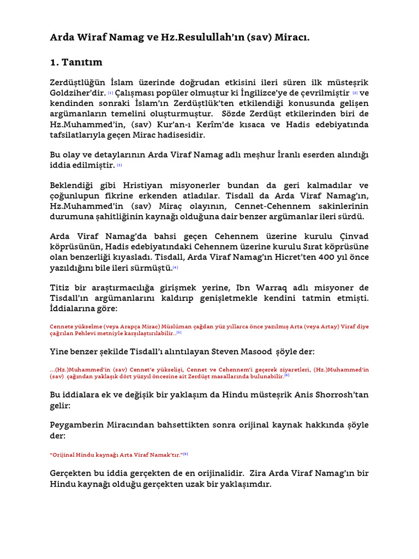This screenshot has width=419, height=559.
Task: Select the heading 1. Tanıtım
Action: click(x=76, y=62)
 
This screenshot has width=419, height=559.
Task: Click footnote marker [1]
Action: click(x=111, y=93)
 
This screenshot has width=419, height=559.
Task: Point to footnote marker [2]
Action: click(x=355, y=93)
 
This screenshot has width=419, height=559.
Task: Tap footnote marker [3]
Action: click(x=119, y=165)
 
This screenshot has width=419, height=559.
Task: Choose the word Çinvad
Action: click(x=354, y=236)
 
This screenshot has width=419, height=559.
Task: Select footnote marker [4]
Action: click(x=176, y=267)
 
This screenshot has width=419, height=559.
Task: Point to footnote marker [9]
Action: click(x=185, y=454)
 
